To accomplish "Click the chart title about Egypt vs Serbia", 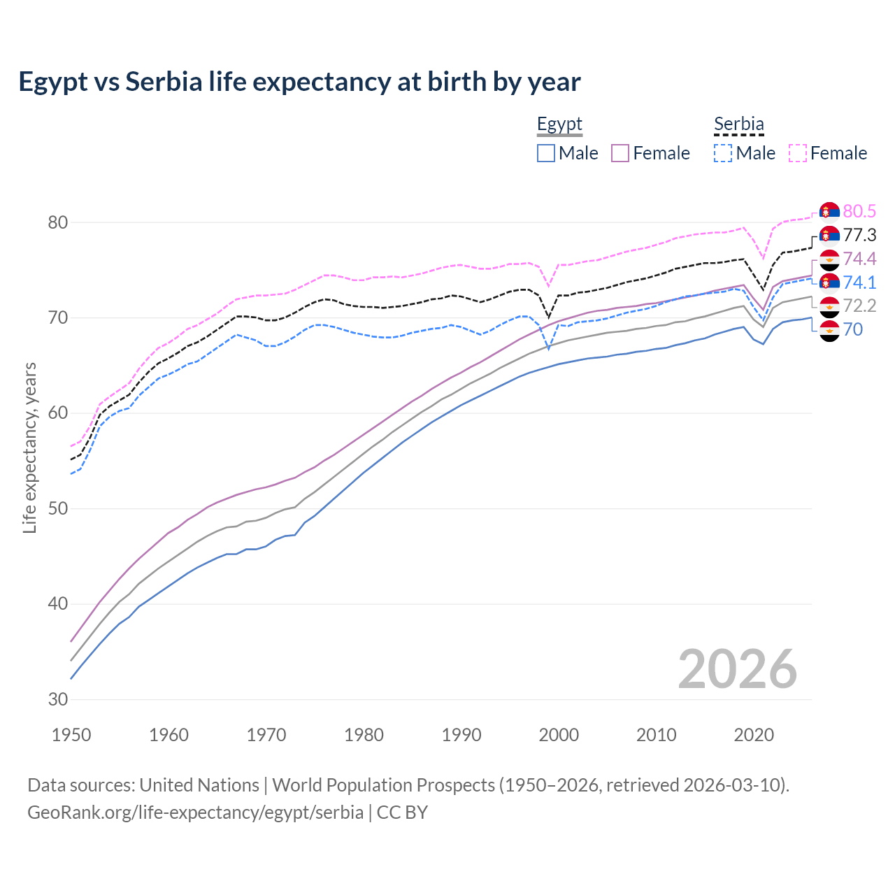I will coord(299,82).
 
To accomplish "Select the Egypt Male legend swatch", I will coord(546,153).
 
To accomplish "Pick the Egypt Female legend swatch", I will coord(621,153).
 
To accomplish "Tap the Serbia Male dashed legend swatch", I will coord(723,153).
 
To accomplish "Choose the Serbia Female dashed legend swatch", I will coord(798,153).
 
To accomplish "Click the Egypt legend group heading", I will coord(559,124).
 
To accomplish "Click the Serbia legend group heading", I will coord(738,124).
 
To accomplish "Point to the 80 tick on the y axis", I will coord(58,222).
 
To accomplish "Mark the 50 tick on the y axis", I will coord(58,508).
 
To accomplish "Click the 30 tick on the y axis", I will coord(58,699).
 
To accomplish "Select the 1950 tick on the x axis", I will coord(71,735).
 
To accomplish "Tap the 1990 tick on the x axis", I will coord(461,735).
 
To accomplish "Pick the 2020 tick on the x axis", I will coord(754,735).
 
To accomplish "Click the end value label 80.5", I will coord(859,211).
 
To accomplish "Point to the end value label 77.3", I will coord(859,235).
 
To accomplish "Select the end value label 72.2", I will coord(859,306).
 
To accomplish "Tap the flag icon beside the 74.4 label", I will coord(829,259).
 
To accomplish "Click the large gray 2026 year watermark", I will coord(737,669).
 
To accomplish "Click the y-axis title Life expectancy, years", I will coord(29,448).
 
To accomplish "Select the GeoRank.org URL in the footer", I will coord(195,812).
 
